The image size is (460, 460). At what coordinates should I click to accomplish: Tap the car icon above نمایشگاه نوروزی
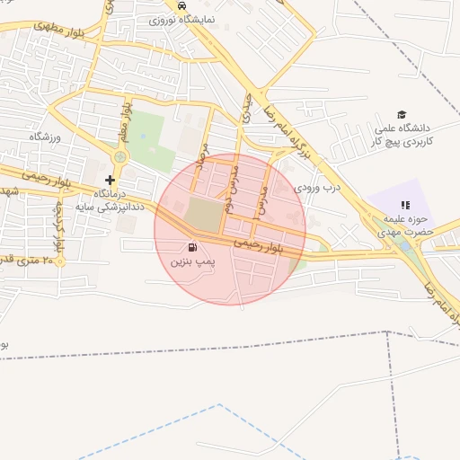pyautogui.click(x=182, y=4)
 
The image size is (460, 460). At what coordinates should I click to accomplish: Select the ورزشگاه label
pyautogui.click(x=43, y=137)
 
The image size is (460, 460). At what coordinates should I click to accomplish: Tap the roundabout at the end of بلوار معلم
pyautogui.click(x=119, y=156)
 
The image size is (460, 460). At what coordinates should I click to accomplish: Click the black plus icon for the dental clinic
pyautogui.click(x=110, y=180)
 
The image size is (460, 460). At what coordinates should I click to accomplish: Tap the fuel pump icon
pyautogui.click(x=191, y=247)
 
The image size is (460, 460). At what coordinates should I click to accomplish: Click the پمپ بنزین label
pyautogui.click(x=192, y=262)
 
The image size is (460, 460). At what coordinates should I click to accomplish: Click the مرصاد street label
pyautogui.click(x=204, y=169)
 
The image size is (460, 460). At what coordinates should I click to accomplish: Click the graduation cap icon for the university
pyautogui.click(x=402, y=114)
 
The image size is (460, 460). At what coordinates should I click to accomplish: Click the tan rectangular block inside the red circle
pyautogui.click(x=204, y=215)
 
